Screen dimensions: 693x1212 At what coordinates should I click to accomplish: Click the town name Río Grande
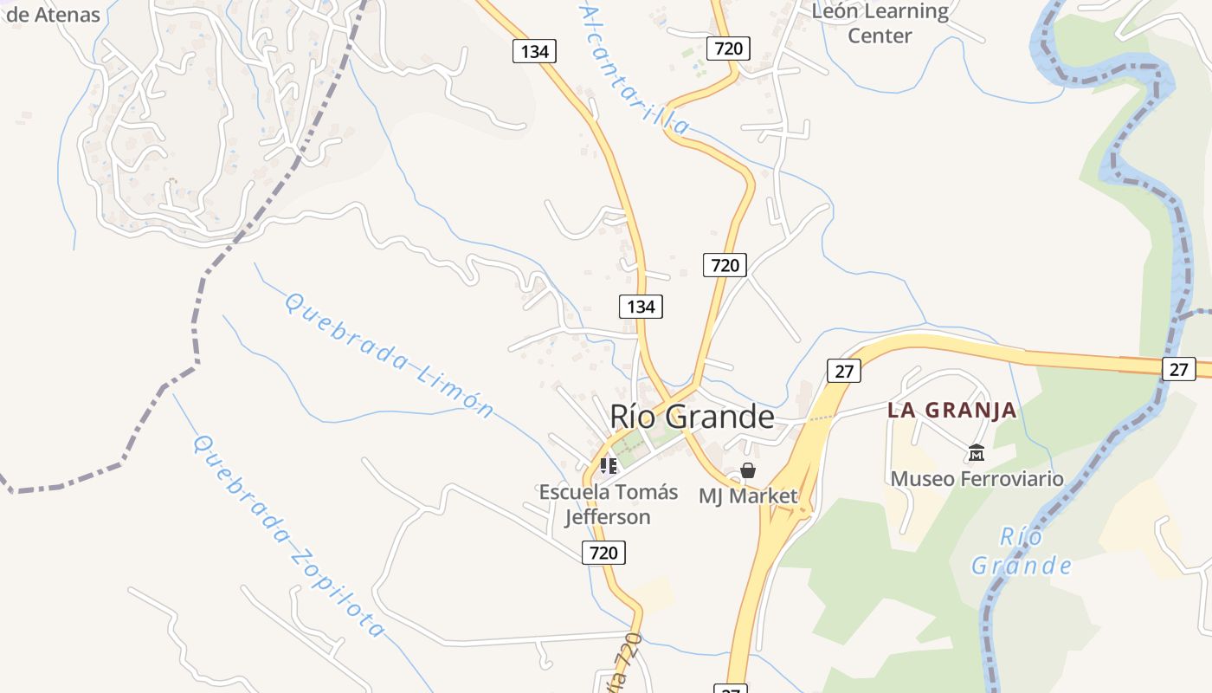692,417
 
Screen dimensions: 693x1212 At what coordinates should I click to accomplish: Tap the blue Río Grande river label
1022,552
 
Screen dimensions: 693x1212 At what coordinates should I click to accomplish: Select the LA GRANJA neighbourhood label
951,410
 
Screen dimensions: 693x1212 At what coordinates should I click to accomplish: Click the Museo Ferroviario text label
977,478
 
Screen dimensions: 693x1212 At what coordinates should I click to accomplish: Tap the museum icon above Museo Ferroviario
977,452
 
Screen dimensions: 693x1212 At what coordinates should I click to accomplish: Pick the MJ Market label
748,496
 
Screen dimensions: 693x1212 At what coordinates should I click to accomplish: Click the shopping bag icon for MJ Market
748,470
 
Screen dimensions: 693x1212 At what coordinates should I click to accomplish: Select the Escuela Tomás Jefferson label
608,504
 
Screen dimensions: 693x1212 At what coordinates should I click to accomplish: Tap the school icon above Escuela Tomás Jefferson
609,466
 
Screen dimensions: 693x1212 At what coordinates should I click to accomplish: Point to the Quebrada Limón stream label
389,355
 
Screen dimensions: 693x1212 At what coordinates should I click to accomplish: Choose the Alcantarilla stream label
635,69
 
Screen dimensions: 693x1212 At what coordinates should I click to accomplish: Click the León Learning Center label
880,23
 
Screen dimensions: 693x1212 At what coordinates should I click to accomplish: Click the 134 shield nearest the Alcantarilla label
534,51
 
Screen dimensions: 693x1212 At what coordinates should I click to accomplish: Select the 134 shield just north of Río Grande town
641,306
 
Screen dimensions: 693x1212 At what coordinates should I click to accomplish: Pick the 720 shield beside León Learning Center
728,48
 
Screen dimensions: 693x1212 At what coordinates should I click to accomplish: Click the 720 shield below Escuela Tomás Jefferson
603,552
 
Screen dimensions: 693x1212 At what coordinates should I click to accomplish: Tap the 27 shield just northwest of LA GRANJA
844,372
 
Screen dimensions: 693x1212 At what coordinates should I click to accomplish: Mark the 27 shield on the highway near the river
1178,369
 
